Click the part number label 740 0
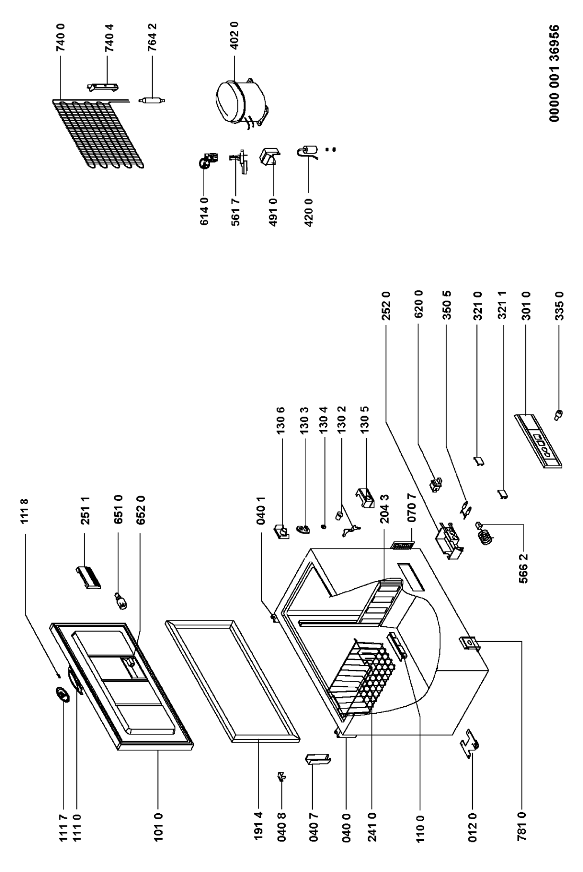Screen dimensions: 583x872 60,38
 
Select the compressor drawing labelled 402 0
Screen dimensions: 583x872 241,102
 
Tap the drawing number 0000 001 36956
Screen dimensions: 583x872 554,73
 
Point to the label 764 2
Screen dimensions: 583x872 152,38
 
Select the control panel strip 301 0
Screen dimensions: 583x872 538,441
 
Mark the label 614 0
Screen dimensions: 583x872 204,211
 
